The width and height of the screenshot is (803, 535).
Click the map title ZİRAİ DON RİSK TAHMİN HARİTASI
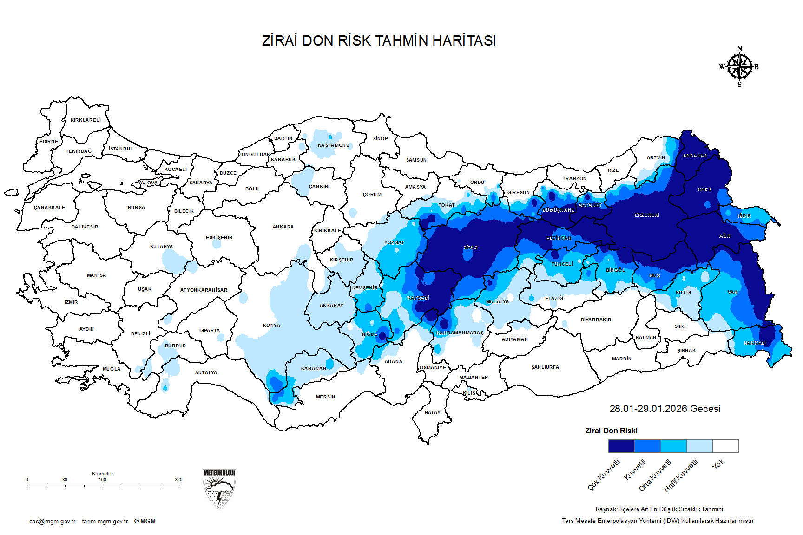tap(379, 40)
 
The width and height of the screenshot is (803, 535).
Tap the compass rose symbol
tap(739, 67)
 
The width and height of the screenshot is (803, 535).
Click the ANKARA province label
tap(283, 227)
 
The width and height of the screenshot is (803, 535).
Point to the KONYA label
tap(271, 325)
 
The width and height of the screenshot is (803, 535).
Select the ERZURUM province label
tap(647, 215)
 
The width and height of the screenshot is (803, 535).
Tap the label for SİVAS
tap(471, 248)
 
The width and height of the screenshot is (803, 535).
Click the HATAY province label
tap(432, 412)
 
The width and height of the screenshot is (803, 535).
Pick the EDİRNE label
tap(49, 141)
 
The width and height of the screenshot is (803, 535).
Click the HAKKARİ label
tap(755, 343)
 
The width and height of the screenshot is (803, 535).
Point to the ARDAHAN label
tap(695, 156)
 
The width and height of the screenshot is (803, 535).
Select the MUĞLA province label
tap(112, 369)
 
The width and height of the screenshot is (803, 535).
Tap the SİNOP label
tap(380, 138)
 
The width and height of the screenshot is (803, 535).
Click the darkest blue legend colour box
tap(621, 446)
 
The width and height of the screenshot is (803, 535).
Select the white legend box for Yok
tap(725, 446)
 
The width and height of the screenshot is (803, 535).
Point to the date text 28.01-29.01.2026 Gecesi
tap(665, 409)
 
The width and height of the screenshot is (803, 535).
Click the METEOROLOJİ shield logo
tap(219, 489)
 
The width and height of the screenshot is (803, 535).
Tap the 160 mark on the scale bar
tap(102, 479)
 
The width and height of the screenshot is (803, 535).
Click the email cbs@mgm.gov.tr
tap(52, 522)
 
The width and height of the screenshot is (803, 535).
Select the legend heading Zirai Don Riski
tap(611, 431)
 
